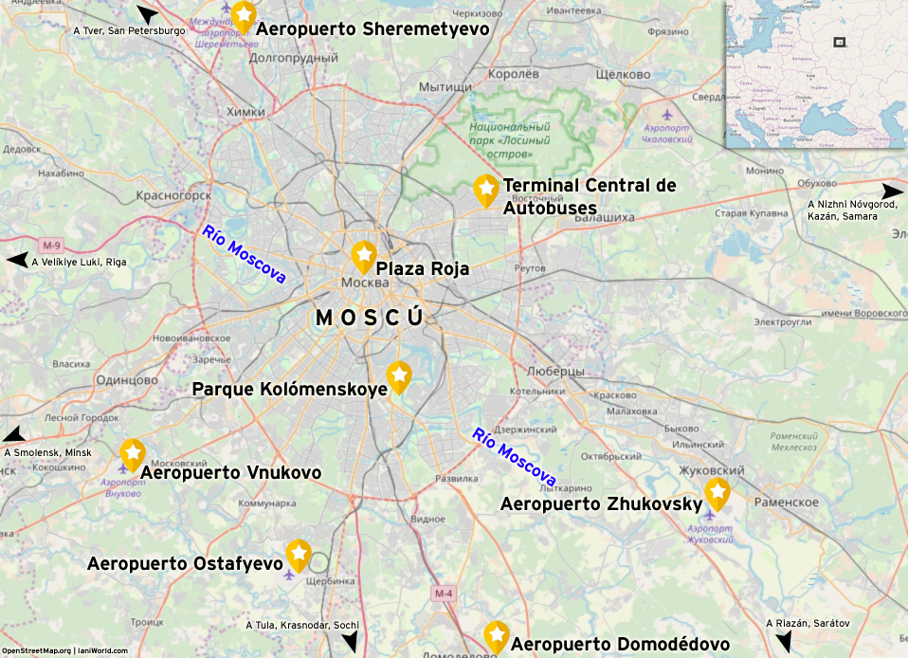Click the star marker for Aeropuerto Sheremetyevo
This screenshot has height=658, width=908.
click(244, 14)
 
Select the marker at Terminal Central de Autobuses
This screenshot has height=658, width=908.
click(485, 189)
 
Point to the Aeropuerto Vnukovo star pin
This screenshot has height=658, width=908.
click(132, 452)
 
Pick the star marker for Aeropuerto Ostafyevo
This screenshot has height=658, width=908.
click(299, 553)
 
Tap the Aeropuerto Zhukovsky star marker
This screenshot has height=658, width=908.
click(717, 491)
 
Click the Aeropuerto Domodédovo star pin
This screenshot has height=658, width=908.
click(496, 634)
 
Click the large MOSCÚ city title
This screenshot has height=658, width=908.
click(370, 319)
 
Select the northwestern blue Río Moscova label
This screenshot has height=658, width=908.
click(244, 254)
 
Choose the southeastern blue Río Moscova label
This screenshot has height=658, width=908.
click(514, 457)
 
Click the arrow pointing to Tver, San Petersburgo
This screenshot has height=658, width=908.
click(149, 14)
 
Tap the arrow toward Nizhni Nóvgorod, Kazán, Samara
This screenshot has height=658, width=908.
click(892, 191)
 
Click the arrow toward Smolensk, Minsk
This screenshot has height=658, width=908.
click(13, 435)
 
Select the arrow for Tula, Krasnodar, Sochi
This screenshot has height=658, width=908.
click(350, 642)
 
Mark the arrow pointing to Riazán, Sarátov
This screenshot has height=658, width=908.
click(783, 644)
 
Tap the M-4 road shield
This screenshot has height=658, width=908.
click(444, 594)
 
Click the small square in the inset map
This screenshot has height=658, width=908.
click(839, 42)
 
